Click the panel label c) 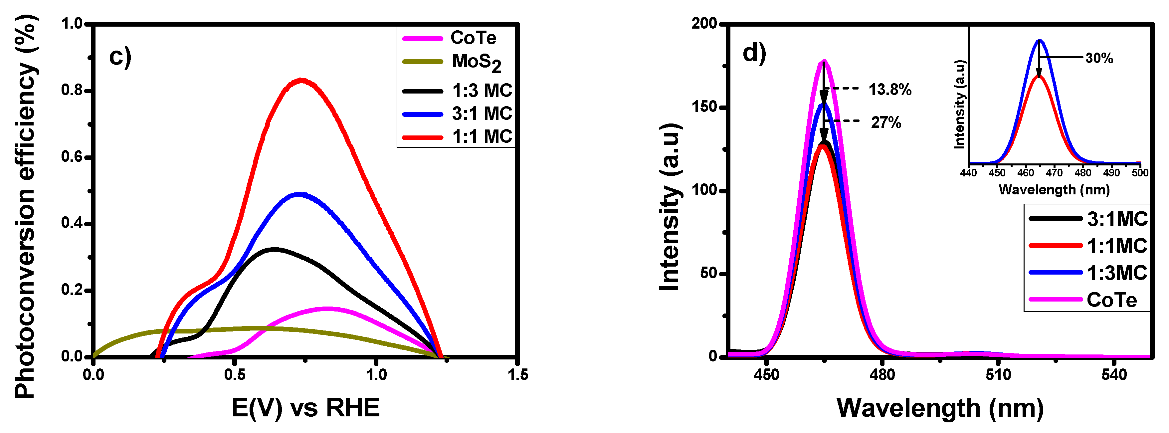pyautogui.click(x=120, y=57)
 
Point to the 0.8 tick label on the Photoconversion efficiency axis pyautogui.click(x=73, y=90)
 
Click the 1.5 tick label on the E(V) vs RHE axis pyautogui.click(x=517, y=375)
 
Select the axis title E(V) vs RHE pyautogui.click(x=305, y=408)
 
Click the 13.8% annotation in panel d pyautogui.click(x=889, y=90)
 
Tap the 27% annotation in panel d pyautogui.click(x=886, y=122)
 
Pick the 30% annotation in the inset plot pyautogui.click(x=1099, y=59)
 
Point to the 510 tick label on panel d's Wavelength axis pyautogui.click(x=998, y=375)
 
